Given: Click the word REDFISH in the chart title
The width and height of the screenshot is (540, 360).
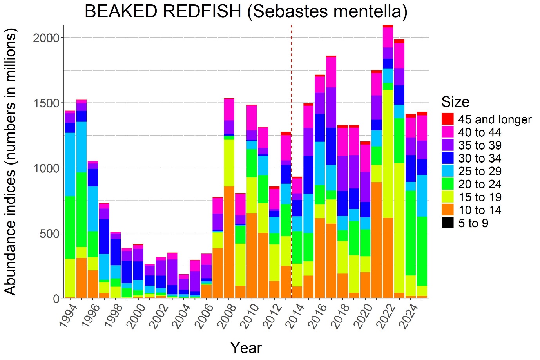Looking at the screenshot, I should [202, 11].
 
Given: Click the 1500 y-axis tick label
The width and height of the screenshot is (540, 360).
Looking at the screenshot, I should [46, 103].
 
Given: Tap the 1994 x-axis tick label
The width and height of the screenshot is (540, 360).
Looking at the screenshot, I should [68, 316].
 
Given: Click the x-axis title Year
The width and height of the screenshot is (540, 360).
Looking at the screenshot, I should [246, 347].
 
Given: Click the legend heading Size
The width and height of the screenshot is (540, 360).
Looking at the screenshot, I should [455, 102].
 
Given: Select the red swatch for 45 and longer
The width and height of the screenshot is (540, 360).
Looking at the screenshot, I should [447, 119].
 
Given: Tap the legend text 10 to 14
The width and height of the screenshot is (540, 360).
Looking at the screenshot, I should [479, 210].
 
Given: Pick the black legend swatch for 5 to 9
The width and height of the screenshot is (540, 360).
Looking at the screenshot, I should [447, 223].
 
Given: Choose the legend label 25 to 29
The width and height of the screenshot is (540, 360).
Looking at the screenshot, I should [479, 172].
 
